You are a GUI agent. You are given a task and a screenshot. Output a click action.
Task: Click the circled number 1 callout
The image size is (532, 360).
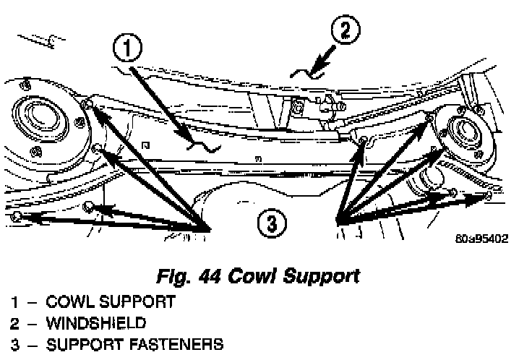click(x=127, y=48)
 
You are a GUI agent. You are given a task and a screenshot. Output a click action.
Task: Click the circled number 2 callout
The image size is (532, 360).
click(x=346, y=30)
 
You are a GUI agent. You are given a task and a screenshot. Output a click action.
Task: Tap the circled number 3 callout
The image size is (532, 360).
click(x=272, y=223)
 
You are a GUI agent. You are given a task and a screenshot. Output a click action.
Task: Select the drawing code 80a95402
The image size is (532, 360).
click(x=482, y=239)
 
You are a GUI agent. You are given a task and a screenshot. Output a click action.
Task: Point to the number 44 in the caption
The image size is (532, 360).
click(x=210, y=276)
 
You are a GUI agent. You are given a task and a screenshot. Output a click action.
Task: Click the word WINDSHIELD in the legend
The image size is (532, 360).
click(x=96, y=323)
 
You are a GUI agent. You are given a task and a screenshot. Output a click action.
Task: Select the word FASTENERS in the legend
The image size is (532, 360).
click(x=177, y=344)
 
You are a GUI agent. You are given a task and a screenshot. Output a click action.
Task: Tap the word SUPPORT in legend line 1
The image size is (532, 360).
click(x=137, y=301)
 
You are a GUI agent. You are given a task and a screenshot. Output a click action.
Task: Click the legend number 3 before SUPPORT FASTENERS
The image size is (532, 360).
click(x=15, y=344)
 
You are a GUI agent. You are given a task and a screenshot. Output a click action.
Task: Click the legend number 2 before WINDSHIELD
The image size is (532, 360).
click(x=14, y=323)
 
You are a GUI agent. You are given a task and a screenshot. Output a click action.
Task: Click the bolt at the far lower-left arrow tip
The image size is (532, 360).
click(x=16, y=216)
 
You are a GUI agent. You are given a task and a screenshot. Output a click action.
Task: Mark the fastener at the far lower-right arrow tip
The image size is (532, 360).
click(x=488, y=195)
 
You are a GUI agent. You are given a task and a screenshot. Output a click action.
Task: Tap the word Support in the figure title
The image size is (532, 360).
click(x=322, y=277)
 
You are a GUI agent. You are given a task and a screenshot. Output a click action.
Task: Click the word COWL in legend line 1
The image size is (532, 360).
click(x=70, y=301)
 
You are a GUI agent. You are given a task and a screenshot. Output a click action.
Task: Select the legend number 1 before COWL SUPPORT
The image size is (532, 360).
click(x=14, y=302)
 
